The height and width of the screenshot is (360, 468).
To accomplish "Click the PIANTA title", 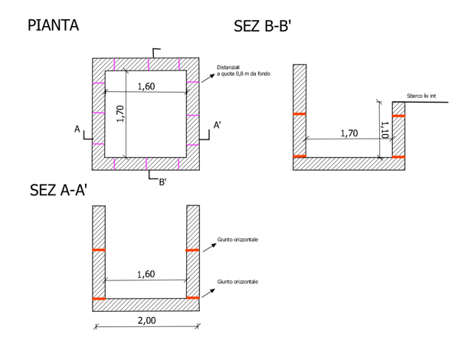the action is click(53, 25).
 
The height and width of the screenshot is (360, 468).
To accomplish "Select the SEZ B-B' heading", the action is click(263, 26).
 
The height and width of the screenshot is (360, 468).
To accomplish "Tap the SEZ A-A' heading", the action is click(58, 190).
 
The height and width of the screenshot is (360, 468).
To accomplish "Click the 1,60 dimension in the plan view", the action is click(146, 87).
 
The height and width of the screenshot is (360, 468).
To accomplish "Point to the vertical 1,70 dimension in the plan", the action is click(120, 113).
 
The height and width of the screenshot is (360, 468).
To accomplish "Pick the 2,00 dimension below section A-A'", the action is click(146, 321).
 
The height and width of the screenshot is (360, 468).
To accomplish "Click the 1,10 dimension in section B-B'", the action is click(385, 130).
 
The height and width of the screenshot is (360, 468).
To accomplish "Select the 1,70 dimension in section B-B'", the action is click(349, 133).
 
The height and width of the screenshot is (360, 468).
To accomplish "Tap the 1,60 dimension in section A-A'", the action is click(146, 274).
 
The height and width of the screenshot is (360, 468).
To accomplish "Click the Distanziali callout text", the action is click(244, 70).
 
